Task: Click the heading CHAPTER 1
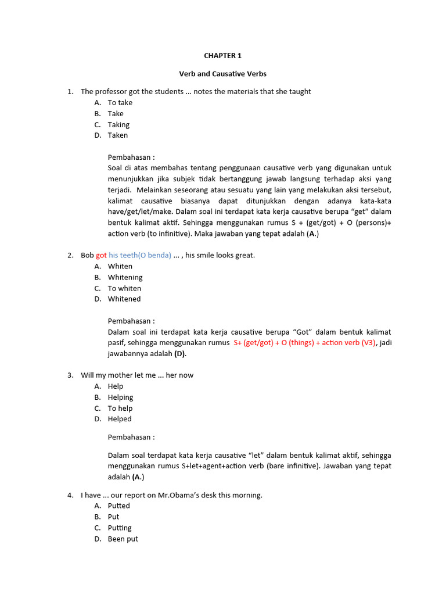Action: pos(222,56)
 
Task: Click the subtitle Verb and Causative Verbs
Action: pos(222,74)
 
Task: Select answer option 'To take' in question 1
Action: pos(120,103)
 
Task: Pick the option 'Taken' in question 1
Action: pos(117,135)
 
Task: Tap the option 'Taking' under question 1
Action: pos(118,125)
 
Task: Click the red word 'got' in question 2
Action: pos(101,256)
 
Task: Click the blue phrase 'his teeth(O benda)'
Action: pos(140,256)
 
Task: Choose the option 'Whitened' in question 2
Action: pos(124,299)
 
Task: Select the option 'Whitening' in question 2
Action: pos(125,278)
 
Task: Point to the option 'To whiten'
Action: pos(124,289)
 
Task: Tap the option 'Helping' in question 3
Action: pos(120,397)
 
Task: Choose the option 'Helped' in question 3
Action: pos(120,419)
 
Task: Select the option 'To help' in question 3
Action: pos(120,408)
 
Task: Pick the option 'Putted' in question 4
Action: pos(118,506)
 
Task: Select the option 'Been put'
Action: pos(123,539)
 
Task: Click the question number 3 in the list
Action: pos(70,375)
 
